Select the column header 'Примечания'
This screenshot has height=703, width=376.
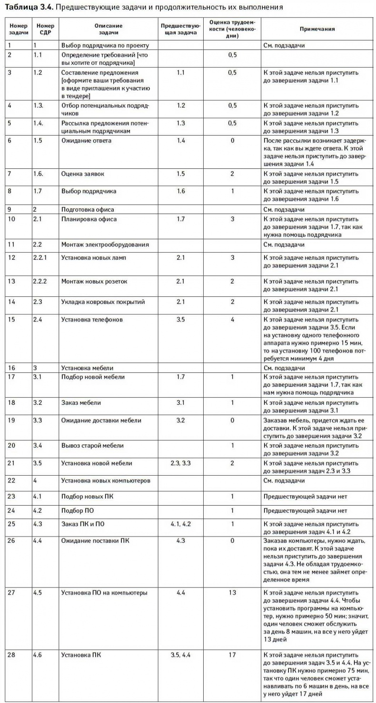point(317,29)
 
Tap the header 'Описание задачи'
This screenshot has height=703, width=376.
point(108,29)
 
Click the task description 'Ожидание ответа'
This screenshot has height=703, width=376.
point(86,141)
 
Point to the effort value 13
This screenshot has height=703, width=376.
point(232,593)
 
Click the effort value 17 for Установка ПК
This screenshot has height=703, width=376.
point(232,655)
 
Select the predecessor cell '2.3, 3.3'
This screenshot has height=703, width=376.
point(181,463)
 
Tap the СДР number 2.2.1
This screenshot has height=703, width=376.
point(41,258)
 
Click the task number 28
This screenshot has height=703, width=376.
point(11,655)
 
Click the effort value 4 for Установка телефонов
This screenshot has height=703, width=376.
point(232,320)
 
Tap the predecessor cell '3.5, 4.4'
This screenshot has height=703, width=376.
point(181,655)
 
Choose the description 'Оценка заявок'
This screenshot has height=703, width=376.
point(82,174)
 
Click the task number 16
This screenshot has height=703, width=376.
point(11,368)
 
